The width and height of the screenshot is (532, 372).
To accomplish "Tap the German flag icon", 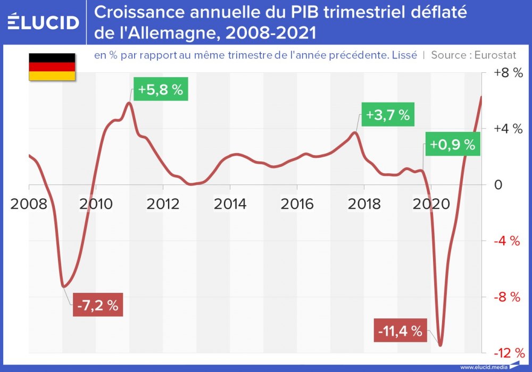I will click(52, 67).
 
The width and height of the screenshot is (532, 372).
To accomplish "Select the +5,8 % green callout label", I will click(160, 90).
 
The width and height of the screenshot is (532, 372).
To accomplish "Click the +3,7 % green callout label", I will click(388, 115).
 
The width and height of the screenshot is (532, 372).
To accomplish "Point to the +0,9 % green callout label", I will click(452, 145).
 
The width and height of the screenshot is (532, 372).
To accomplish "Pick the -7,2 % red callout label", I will click(97, 305).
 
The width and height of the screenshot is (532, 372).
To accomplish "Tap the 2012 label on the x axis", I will click(163, 204).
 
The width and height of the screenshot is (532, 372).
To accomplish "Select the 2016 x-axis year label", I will click(296, 204).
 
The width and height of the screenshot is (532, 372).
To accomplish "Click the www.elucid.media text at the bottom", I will click(483, 367).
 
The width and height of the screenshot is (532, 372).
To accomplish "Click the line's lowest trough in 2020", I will click(440, 345).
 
